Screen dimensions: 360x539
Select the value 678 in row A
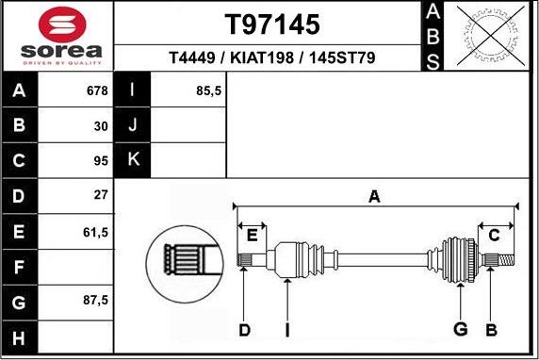point(96,90)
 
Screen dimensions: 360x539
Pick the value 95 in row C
point(99,160)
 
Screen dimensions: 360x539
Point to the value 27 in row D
point(100,195)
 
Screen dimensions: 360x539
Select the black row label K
point(132,159)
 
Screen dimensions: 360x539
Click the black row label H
point(20,336)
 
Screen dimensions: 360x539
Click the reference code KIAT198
point(266,57)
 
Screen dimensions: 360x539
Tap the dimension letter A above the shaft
point(374,196)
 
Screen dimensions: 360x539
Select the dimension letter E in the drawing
point(253,234)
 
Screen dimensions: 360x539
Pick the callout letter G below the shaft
point(460,328)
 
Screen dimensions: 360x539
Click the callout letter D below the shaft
point(244,329)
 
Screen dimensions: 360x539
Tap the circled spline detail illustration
point(185,257)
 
